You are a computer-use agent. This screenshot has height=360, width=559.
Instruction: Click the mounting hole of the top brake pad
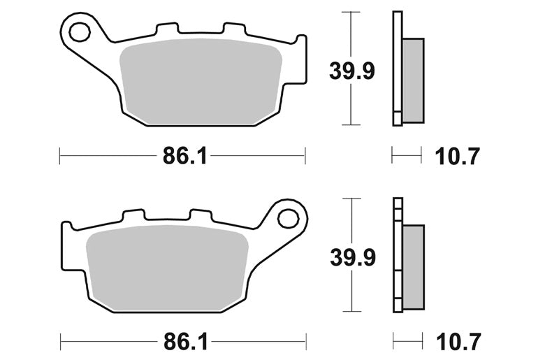coord(80,32)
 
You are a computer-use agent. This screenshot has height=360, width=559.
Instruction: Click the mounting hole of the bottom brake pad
coord(288,218)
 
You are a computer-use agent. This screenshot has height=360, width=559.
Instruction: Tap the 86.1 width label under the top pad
coord(184,156)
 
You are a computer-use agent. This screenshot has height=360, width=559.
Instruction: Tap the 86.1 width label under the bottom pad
coord(185,342)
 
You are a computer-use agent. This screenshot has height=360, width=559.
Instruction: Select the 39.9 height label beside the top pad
coord(352,71)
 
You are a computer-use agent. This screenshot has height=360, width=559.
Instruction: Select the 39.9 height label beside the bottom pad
coord(353,258)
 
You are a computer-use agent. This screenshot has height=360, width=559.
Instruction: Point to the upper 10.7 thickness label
coord(458,156)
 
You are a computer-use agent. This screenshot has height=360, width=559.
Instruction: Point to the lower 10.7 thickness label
coord(458,342)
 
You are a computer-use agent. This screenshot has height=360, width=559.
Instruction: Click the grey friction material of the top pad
coord(201,81)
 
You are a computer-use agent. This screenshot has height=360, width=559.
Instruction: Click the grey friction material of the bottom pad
coord(168,268)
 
